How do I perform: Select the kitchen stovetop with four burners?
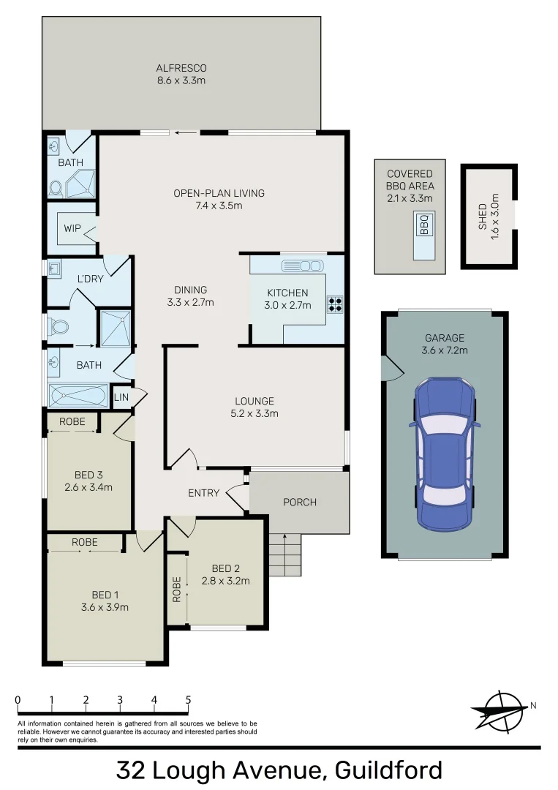pos(336,304)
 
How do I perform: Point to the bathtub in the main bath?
pos(78,396)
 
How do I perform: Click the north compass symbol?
pos(499,710)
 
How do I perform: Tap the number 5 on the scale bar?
pos(188,700)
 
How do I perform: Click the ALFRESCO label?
pos(181,68)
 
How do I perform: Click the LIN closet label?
pos(121,396)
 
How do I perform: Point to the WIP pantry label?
pos(72,228)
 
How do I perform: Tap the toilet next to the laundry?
pos(57,326)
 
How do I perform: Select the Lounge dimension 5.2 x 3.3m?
pos(255,413)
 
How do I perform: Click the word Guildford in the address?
pos(388,770)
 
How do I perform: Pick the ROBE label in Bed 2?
pos(176,589)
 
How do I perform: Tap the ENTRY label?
pos(203,492)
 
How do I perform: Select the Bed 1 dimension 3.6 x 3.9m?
pos(105,606)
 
